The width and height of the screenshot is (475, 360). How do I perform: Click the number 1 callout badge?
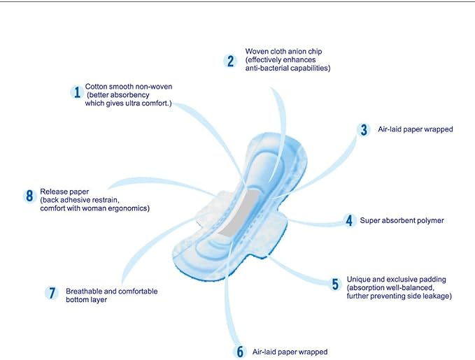click(77, 92)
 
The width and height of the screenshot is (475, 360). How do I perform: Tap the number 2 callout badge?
click(231, 61)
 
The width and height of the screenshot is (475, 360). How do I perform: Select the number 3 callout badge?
click(364, 129)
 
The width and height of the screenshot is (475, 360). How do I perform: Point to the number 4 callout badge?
click(350, 220)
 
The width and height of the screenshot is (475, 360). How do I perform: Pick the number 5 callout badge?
click(335, 284)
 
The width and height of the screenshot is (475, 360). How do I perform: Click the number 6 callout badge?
click(240, 352)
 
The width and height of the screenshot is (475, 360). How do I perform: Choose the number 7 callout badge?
click(52, 293)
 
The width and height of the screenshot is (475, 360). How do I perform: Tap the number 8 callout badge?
click(29, 196)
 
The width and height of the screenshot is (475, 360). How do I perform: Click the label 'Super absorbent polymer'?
click(402, 220)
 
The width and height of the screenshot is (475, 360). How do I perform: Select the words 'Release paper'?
click(64, 192)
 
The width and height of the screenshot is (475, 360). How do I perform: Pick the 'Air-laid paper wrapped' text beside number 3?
click(416, 129)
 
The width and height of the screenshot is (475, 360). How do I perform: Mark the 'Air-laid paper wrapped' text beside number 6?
click(290, 352)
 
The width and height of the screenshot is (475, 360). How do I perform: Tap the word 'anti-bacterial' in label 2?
click(266, 68)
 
